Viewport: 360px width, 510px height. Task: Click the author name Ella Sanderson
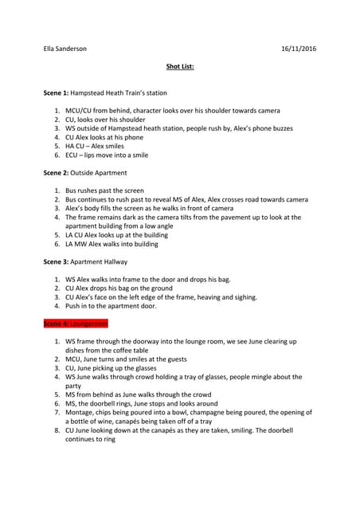tap(65, 49)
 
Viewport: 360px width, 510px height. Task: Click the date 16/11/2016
tap(299, 49)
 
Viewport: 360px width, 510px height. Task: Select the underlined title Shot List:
tap(180, 67)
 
